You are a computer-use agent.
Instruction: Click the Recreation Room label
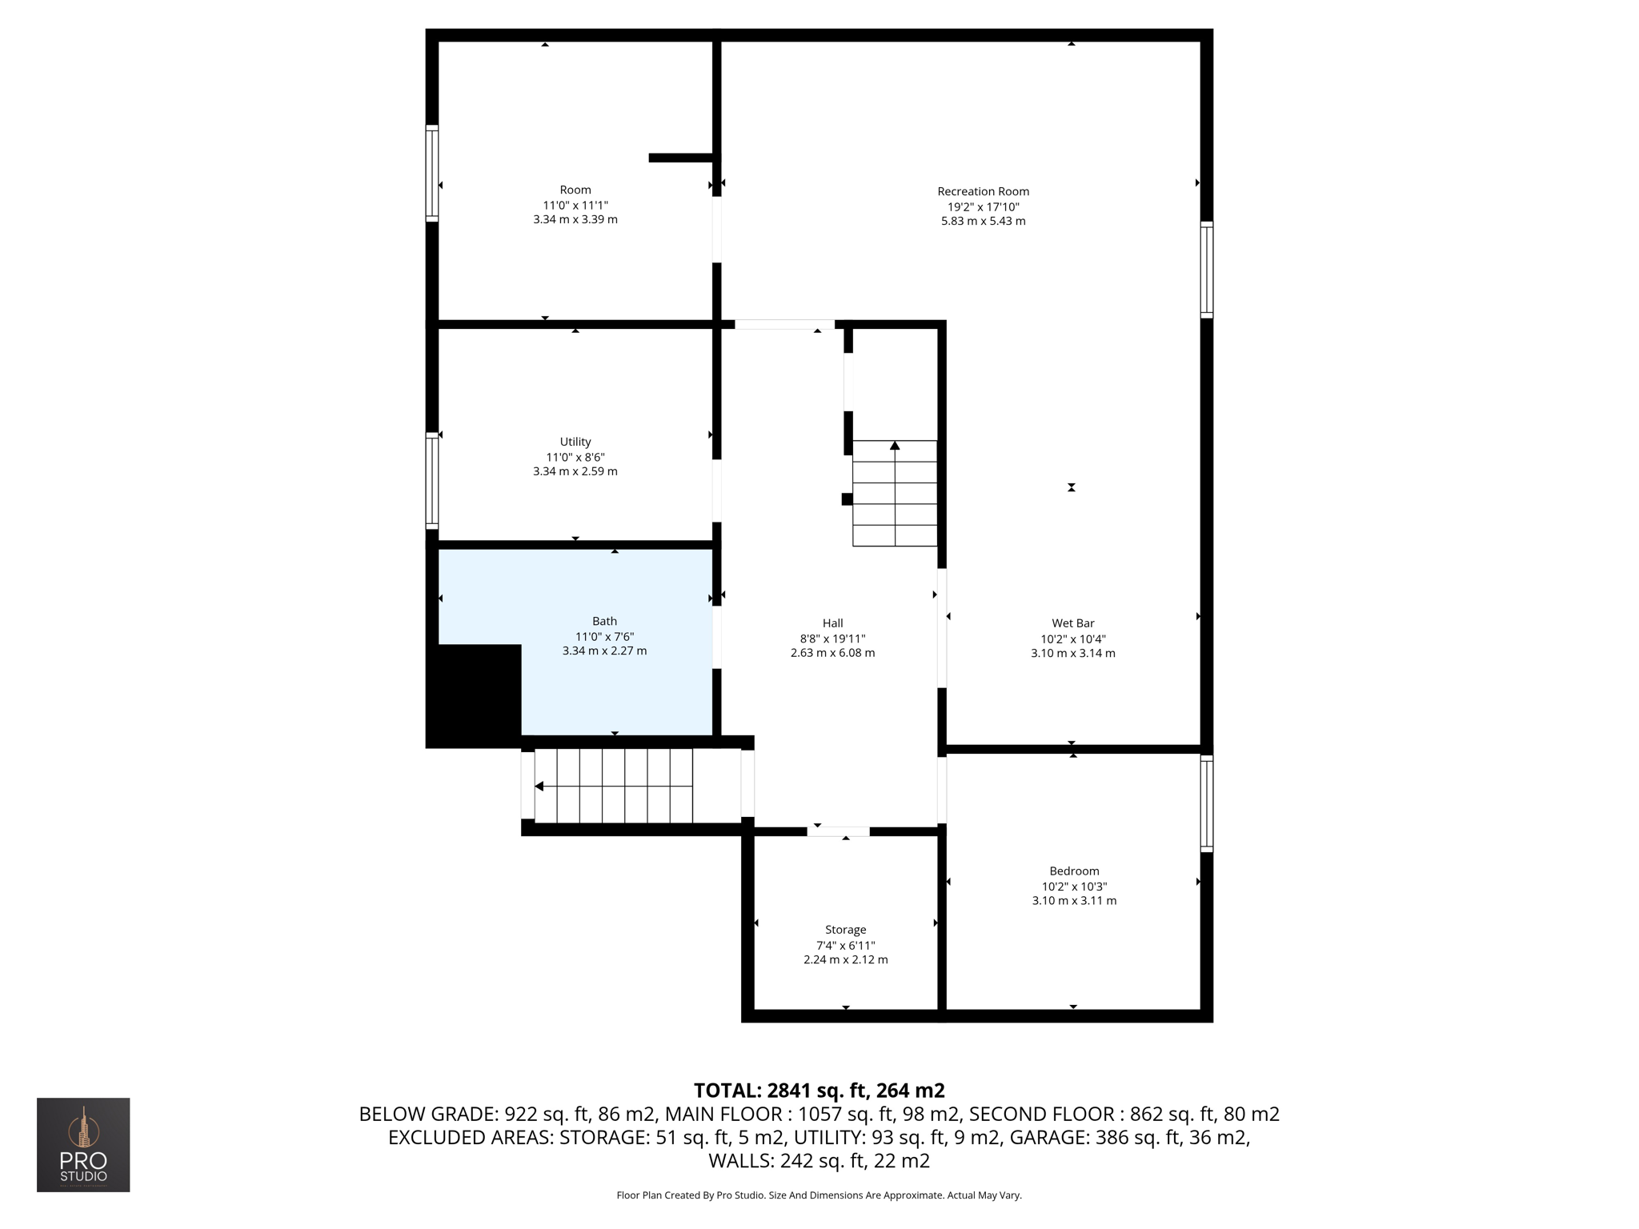tap(983, 191)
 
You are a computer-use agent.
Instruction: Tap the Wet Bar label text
tap(1072, 623)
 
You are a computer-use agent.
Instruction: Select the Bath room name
tap(604, 621)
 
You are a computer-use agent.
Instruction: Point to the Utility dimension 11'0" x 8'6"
tap(575, 457)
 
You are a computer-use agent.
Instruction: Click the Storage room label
tap(845, 930)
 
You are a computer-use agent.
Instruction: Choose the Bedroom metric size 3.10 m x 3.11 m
tap(1074, 901)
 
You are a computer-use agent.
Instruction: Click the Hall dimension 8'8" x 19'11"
tap(832, 639)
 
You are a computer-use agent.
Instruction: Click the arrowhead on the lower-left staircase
tap(539, 787)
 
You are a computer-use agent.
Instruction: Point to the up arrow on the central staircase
tap(895, 446)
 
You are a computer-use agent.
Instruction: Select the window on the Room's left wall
tap(432, 173)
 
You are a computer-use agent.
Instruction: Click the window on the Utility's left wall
tap(432, 480)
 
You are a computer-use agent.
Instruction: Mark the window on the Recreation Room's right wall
tap(1206, 270)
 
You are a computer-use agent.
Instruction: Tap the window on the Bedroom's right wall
tap(1206, 803)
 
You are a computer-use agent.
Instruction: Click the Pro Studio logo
tap(83, 1145)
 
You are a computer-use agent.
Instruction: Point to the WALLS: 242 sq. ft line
tap(819, 1160)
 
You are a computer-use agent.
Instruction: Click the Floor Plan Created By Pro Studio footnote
tap(819, 1195)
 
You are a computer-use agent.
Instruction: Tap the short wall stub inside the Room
tap(680, 158)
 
